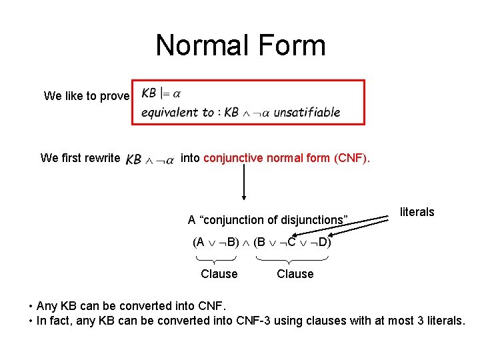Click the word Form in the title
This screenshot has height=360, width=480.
tap(289, 45)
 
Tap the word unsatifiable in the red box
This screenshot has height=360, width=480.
tap(307, 112)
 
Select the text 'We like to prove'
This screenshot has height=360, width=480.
tap(87, 96)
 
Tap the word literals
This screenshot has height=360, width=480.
tap(417, 212)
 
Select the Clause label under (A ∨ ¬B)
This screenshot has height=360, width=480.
tap(219, 273)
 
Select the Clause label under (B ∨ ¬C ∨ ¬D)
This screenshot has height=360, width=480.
tap(295, 273)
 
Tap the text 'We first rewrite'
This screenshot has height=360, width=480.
tap(80, 158)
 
